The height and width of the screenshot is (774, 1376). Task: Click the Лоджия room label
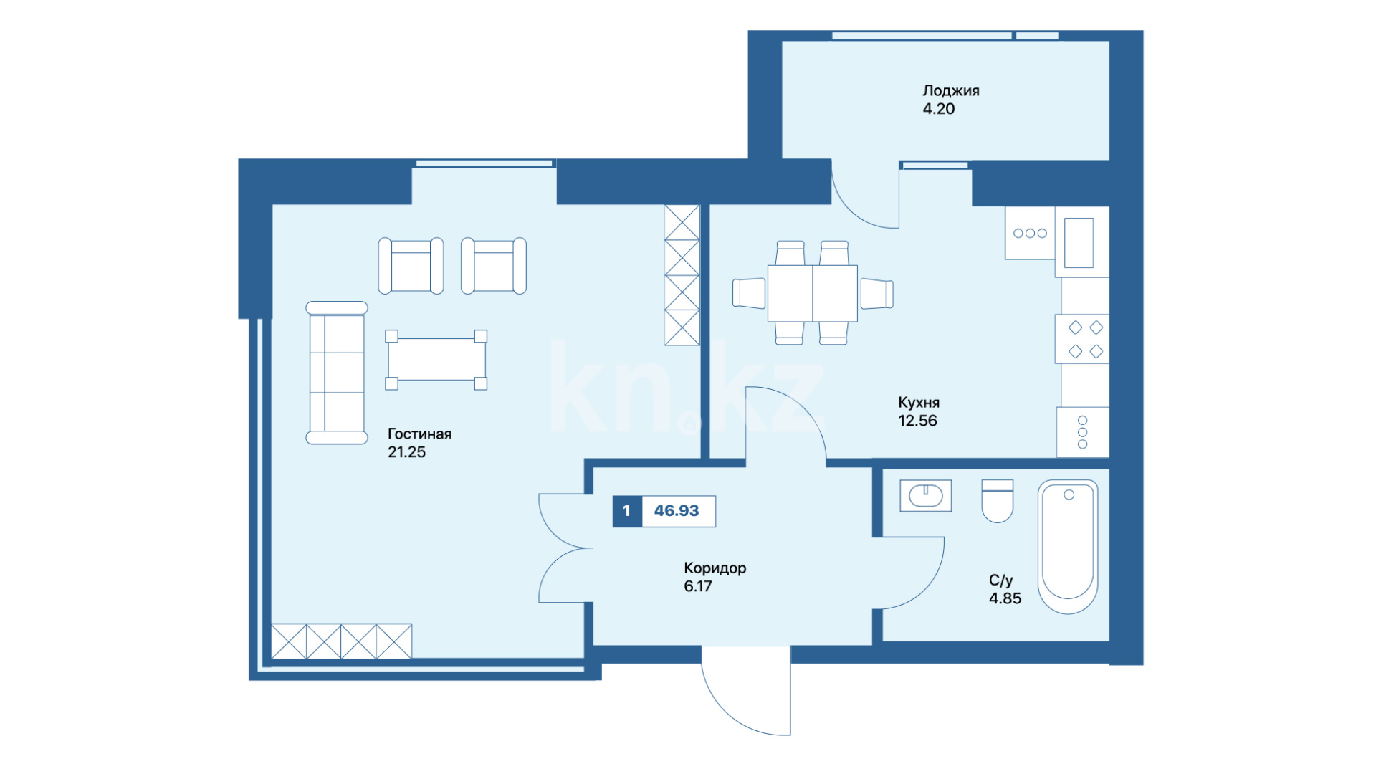(x=950, y=91)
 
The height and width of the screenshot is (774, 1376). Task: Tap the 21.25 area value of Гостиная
(x=406, y=452)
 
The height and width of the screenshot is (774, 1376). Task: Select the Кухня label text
(x=919, y=403)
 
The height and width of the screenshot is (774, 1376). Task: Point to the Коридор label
(x=715, y=568)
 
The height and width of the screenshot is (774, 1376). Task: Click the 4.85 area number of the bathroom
(x=1005, y=598)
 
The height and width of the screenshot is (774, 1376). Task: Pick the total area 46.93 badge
(x=677, y=511)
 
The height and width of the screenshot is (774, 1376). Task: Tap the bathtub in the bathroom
(x=1068, y=547)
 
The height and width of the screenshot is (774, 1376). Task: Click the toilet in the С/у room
(x=997, y=501)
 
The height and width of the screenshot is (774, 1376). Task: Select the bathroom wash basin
(x=926, y=495)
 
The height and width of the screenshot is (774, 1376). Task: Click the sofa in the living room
(x=337, y=373)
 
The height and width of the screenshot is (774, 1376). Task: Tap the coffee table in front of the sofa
(x=436, y=360)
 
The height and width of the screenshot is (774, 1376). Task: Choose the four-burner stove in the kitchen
(x=1082, y=339)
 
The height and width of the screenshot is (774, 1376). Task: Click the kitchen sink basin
(x=1079, y=242)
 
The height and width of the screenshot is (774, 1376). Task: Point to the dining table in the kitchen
(x=813, y=293)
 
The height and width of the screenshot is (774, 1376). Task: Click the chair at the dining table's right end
(x=877, y=294)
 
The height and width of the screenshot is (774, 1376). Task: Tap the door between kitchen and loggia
(x=865, y=195)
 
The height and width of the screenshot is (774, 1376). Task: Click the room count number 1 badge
(x=626, y=511)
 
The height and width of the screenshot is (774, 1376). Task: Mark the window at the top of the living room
(x=484, y=163)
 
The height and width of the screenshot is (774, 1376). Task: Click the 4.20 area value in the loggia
(x=939, y=109)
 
